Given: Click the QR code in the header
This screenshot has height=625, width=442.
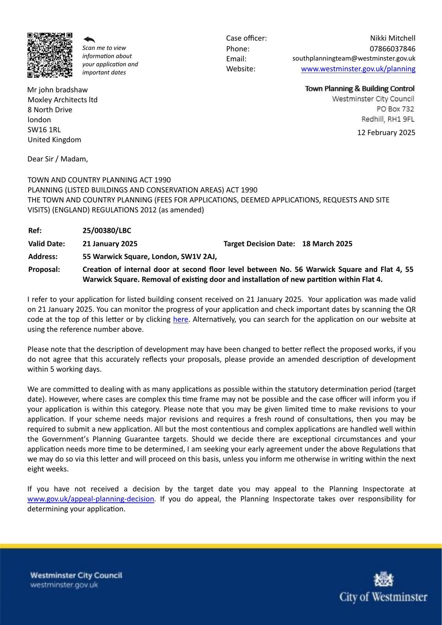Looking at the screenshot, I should tap(50, 55).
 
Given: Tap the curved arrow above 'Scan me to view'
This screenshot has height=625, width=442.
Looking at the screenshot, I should tap(89, 39).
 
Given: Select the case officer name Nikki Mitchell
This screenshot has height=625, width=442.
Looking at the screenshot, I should tap(392, 38).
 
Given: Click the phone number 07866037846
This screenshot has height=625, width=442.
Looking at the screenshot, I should tap(392, 49).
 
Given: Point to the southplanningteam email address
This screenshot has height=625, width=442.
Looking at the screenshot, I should tap(354, 59).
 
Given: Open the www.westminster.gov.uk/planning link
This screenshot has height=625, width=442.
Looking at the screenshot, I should tap(358, 69).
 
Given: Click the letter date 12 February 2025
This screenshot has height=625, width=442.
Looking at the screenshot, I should tap(386, 132).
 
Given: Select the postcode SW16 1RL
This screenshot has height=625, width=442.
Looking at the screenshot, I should tap(44, 130).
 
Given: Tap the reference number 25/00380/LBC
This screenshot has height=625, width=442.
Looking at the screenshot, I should tap(107, 230).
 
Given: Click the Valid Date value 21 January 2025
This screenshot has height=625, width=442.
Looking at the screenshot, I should tap(110, 244).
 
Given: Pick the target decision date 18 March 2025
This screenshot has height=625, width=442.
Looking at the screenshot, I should tap(327, 244).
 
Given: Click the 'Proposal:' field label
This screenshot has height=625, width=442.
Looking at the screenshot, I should tap(44, 270).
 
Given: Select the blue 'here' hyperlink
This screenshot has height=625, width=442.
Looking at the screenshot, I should tap(180, 320).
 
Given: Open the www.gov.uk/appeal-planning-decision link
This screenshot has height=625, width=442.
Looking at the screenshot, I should tap(91, 499).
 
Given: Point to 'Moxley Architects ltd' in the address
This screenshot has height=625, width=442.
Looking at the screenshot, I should tap(62, 100).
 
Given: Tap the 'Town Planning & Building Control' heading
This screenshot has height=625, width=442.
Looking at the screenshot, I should tap(360, 89).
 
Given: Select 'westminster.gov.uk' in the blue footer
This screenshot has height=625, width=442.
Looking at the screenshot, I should tap(64, 585).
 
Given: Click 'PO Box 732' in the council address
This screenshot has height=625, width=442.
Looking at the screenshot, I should tap(395, 109).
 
